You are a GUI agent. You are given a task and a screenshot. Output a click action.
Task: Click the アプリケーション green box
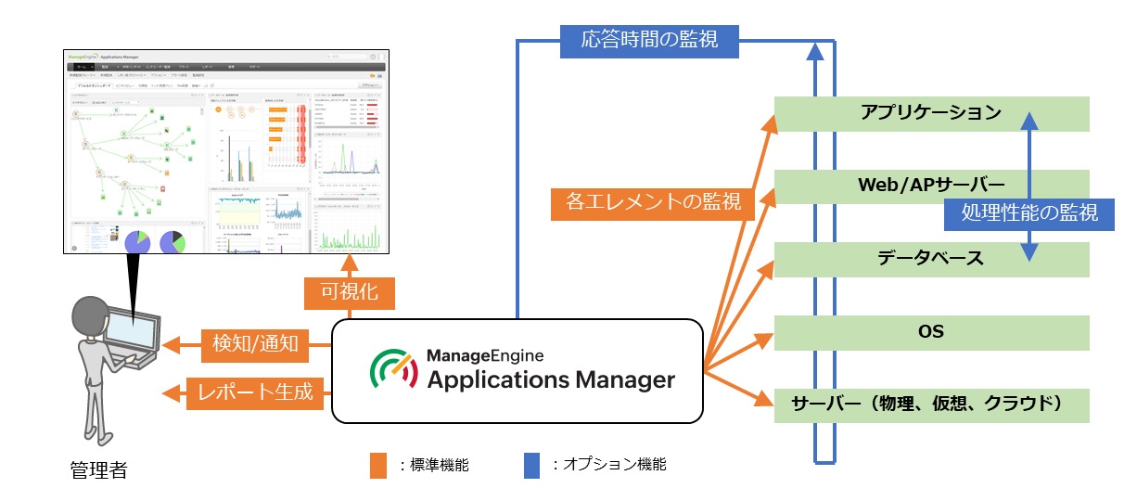click(930, 112)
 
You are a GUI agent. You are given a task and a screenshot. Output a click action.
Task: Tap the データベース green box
click(930, 259)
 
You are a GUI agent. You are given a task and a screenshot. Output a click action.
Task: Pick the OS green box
click(930, 332)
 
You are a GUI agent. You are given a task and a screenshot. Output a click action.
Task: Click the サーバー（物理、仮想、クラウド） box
click(930, 405)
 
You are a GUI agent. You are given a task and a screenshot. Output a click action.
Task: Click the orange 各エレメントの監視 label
click(653, 201)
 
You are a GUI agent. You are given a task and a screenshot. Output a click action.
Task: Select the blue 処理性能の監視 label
click(1028, 213)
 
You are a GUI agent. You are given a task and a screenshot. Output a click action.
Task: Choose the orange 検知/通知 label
click(250, 344)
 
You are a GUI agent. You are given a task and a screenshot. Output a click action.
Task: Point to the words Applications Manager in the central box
click(551, 379)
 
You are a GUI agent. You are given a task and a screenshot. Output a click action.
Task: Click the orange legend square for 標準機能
click(377, 465)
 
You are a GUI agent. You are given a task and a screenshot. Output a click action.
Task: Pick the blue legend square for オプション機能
click(531, 465)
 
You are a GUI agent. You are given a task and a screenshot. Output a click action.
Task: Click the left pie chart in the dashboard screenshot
click(136, 241)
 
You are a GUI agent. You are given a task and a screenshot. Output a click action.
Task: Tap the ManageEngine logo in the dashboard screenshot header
click(84, 57)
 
